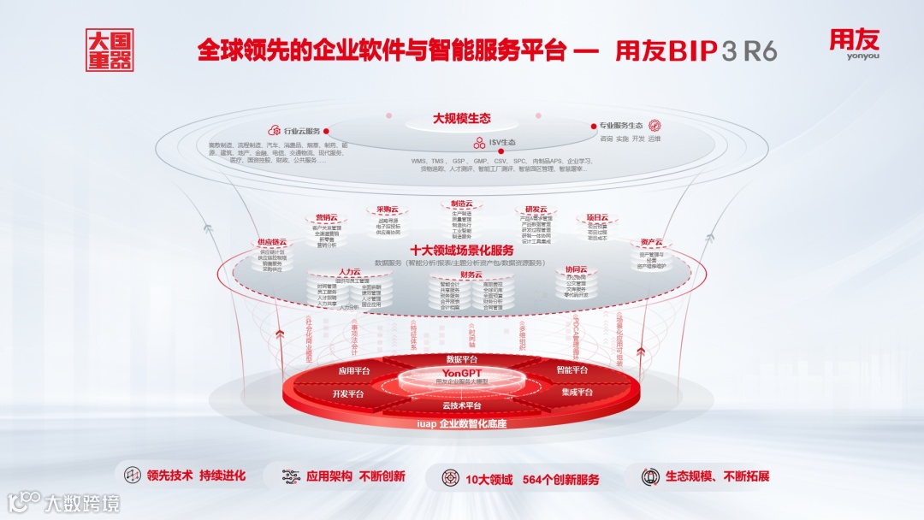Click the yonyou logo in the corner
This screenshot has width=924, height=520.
pyautogui.click(x=853, y=44)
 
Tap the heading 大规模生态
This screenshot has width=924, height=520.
pyautogui.click(x=461, y=119)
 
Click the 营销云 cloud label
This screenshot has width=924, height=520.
pyautogui.click(x=325, y=217)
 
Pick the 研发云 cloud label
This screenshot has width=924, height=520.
pyautogui.click(x=536, y=210)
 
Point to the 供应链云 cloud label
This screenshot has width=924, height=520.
pyautogui.click(x=272, y=242)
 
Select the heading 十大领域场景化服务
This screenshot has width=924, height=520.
pyautogui.click(x=461, y=251)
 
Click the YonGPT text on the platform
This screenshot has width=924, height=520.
pyautogui.click(x=461, y=373)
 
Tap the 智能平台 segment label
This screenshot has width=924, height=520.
pyautogui.click(x=572, y=370)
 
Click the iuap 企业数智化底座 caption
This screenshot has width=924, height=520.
pyautogui.click(x=461, y=423)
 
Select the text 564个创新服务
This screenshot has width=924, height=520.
pyautogui.click(x=560, y=479)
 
